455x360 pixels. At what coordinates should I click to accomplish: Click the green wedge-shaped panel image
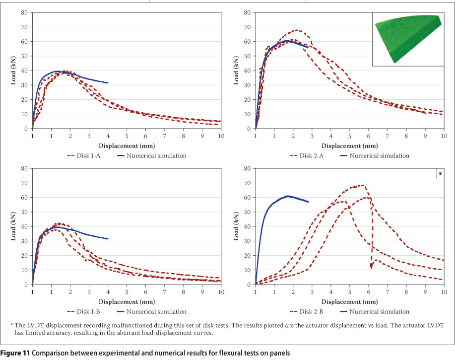[407, 37]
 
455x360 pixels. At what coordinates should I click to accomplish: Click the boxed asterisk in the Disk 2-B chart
[440, 174]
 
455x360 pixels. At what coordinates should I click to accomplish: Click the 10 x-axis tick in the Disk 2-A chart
[443, 136]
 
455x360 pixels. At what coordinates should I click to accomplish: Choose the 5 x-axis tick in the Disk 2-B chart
[349, 291]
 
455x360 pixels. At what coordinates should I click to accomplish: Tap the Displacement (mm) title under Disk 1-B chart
[126, 301]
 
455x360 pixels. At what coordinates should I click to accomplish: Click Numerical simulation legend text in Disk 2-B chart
[379, 311]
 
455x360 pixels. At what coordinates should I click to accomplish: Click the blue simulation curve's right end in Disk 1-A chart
[108, 82]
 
